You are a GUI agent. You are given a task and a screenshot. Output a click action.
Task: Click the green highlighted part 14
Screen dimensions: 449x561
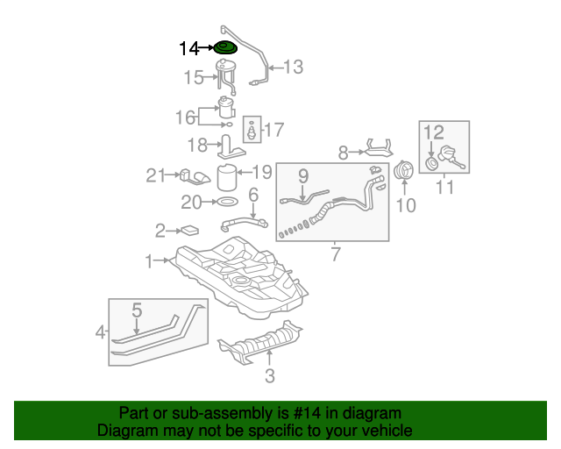pyautogui.click(x=226, y=48)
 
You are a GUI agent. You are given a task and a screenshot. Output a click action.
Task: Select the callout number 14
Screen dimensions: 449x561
pyautogui.click(x=189, y=49)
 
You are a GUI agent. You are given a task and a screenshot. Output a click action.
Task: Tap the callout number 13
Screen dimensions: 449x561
pyautogui.click(x=292, y=67)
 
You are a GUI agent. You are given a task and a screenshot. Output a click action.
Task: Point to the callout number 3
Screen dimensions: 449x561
pyautogui.click(x=270, y=377)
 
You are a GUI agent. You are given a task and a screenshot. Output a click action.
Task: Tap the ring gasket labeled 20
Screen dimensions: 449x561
pyautogui.click(x=225, y=203)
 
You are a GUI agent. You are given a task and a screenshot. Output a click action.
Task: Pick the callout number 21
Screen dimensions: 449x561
pyautogui.click(x=156, y=176)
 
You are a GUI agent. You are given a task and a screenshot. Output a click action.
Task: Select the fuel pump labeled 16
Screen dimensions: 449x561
pyautogui.click(x=226, y=109)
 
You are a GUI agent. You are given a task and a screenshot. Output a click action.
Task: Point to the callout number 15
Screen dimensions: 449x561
pyautogui.click(x=194, y=79)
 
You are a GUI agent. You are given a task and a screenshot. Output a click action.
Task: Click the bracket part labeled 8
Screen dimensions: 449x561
pyautogui.click(x=378, y=151)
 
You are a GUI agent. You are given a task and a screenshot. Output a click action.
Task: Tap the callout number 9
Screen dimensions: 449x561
pyautogui.click(x=302, y=175)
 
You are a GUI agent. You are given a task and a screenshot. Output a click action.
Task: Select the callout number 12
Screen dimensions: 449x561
pyautogui.click(x=435, y=132)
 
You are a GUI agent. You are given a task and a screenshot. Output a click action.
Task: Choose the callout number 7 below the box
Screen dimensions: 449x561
pyautogui.click(x=336, y=254)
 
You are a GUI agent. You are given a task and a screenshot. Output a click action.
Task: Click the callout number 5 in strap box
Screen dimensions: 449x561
pyautogui.click(x=137, y=310)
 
